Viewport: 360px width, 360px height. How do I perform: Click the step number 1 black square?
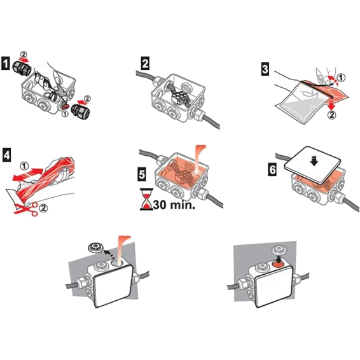pyautogui.click(x=5, y=64)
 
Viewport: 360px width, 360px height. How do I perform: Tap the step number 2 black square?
pyautogui.click(x=144, y=63)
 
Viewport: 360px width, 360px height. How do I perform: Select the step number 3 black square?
pyautogui.click(x=265, y=69)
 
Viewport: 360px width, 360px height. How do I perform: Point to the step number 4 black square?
pyautogui.click(x=6, y=155)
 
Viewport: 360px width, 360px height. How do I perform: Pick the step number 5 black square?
pyautogui.click(x=142, y=174)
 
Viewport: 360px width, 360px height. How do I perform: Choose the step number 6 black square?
pyautogui.click(x=272, y=170)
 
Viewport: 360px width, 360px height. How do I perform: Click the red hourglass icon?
pyautogui.click(x=146, y=199)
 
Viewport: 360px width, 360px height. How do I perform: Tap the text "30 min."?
pyautogui.click(x=174, y=205)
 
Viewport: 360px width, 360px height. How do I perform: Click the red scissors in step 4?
pyautogui.click(x=25, y=209)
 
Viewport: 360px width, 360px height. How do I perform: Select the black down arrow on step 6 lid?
pyautogui.click(x=314, y=160)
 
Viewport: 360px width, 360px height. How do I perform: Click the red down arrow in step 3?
pyautogui.click(x=332, y=105)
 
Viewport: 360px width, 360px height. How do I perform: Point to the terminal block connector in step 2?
pyautogui.click(x=181, y=97)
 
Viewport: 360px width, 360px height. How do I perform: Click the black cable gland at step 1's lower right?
pyautogui.click(x=80, y=111)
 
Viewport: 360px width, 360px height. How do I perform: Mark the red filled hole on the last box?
pyautogui.click(x=279, y=265)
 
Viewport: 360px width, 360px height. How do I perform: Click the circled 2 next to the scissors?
pyautogui.click(x=43, y=208)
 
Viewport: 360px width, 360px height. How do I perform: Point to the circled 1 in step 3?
pyautogui.click(x=341, y=78)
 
